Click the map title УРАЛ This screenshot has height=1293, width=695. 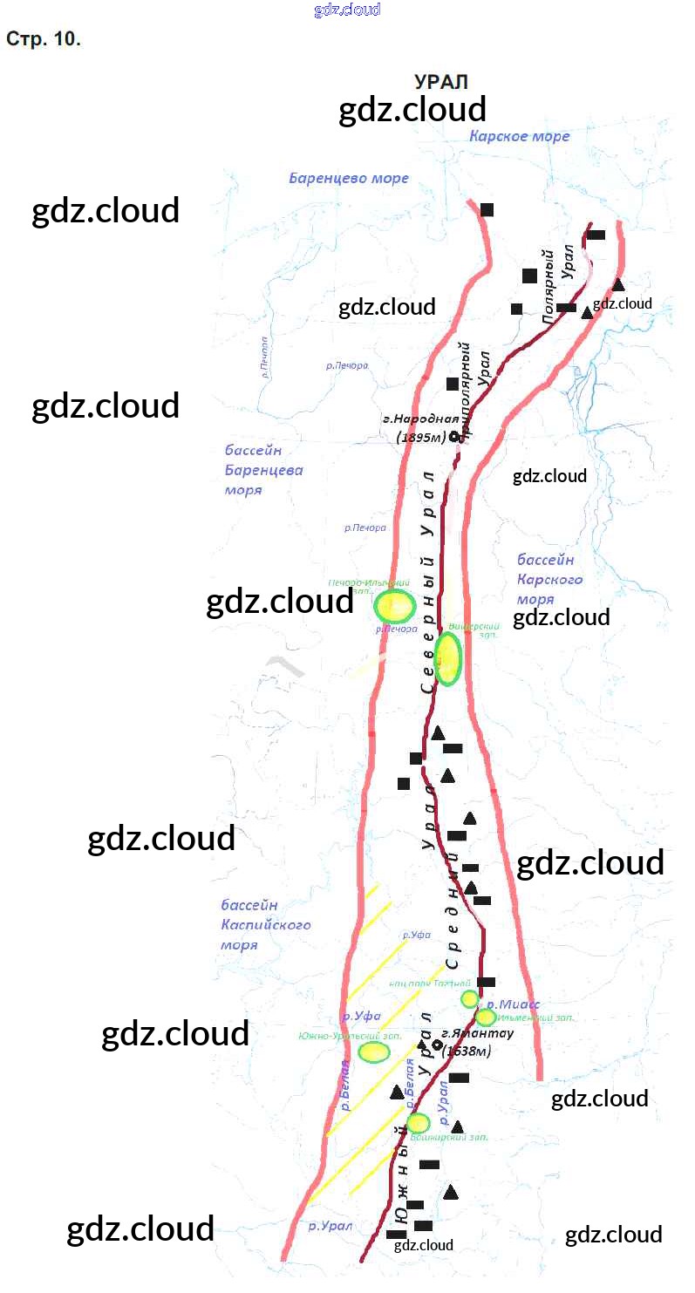(x=441, y=82)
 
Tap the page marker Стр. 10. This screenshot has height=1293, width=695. (x=44, y=40)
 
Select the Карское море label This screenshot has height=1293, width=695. (x=519, y=136)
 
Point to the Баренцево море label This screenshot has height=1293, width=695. (x=349, y=179)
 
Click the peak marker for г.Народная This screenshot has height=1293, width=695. (x=454, y=437)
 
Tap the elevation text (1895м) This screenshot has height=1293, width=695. (x=421, y=438)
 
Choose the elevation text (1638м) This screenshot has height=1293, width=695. (x=467, y=1051)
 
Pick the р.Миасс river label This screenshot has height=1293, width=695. (x=514, y=1004)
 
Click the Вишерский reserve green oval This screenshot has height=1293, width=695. (x=447, y=659)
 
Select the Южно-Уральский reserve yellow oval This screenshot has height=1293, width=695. (x=374, y=1052)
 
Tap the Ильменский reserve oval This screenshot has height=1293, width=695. (x=486, y=1017)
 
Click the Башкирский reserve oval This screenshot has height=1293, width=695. (x=419, y=1123)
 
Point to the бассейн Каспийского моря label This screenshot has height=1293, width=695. (x=265, y=925)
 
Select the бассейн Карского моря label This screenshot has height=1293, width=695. (x=549, y=579)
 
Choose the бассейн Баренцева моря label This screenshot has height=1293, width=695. (x=263, y=471)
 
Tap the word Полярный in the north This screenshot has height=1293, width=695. (x=549, y=288)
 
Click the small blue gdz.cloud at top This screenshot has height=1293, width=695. (x=347, y=10)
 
